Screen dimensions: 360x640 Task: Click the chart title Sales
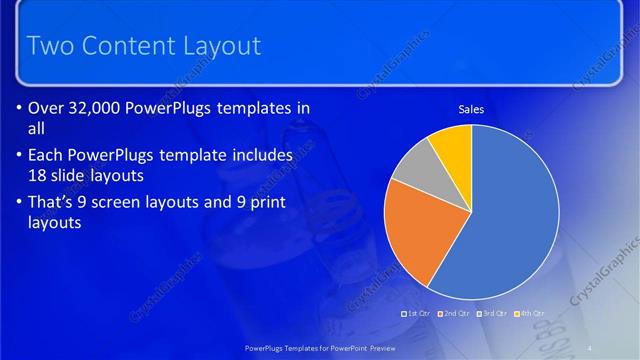pos(471,109)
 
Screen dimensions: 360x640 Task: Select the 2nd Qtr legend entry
pos(454,314)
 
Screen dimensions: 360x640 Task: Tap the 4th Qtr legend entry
pos(531,314)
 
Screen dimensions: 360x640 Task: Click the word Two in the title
pos(47,46)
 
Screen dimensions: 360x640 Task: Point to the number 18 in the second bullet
pos(41,174)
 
